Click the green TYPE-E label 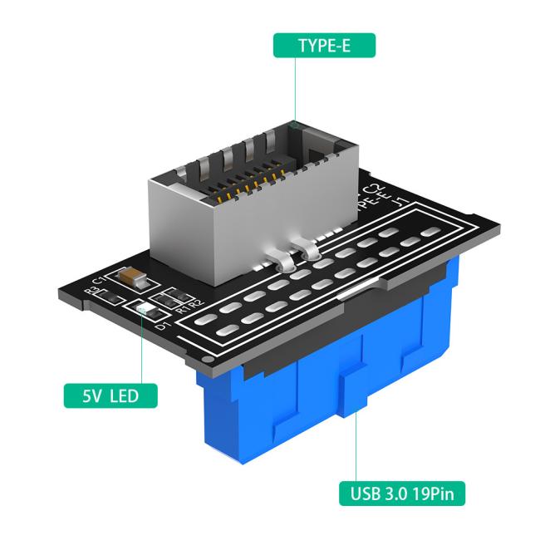pos(324,45)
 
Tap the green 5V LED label pos(111,395)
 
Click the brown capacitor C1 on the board pos(132,275)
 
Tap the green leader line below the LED pos(141,349)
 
